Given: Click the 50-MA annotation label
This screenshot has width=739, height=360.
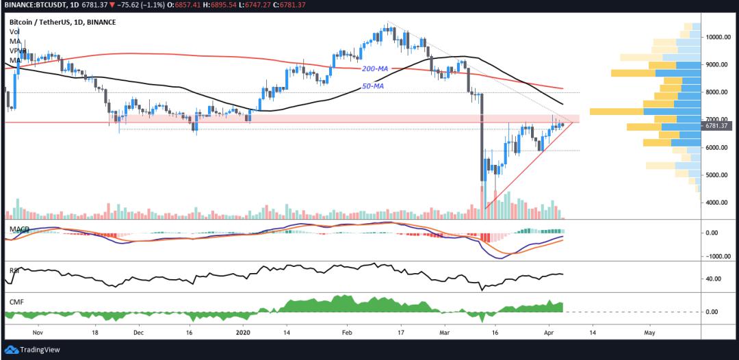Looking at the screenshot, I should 372,86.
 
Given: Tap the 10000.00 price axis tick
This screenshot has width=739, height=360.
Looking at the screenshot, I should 720,37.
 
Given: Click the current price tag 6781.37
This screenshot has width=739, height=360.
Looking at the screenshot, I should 720,126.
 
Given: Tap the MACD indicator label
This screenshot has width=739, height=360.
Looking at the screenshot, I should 18,227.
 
